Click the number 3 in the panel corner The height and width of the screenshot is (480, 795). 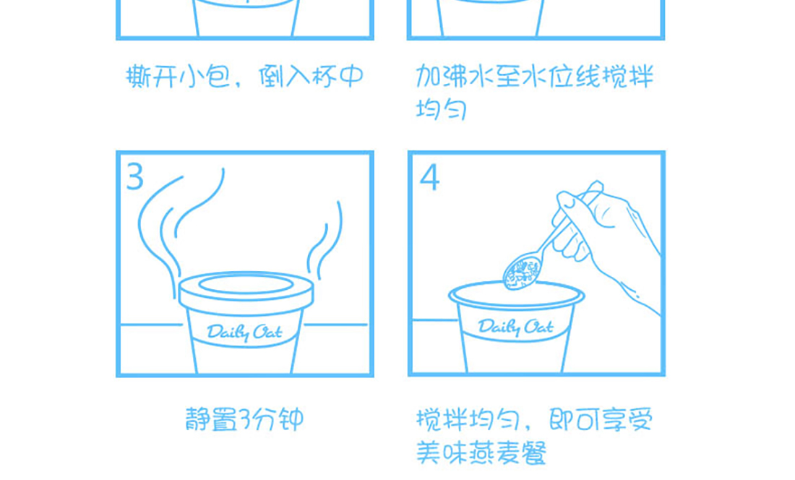coord(135,177)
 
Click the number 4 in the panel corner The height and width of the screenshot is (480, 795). coord(429,177)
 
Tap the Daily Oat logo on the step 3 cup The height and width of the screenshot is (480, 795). coord(244,333)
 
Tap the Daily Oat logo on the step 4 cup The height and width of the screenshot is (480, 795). coord(515,327)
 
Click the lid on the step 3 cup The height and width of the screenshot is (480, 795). coord(246,291)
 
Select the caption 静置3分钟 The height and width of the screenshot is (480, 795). coord(244,419)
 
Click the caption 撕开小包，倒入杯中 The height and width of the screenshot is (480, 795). coord(245,76)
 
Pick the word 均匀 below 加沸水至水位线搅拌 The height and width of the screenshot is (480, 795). coord(441,108)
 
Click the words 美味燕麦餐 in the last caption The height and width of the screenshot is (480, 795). coord(481,453)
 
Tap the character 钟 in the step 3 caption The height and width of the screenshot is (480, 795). coord(291,419)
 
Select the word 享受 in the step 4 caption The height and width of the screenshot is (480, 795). coord(627,419)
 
